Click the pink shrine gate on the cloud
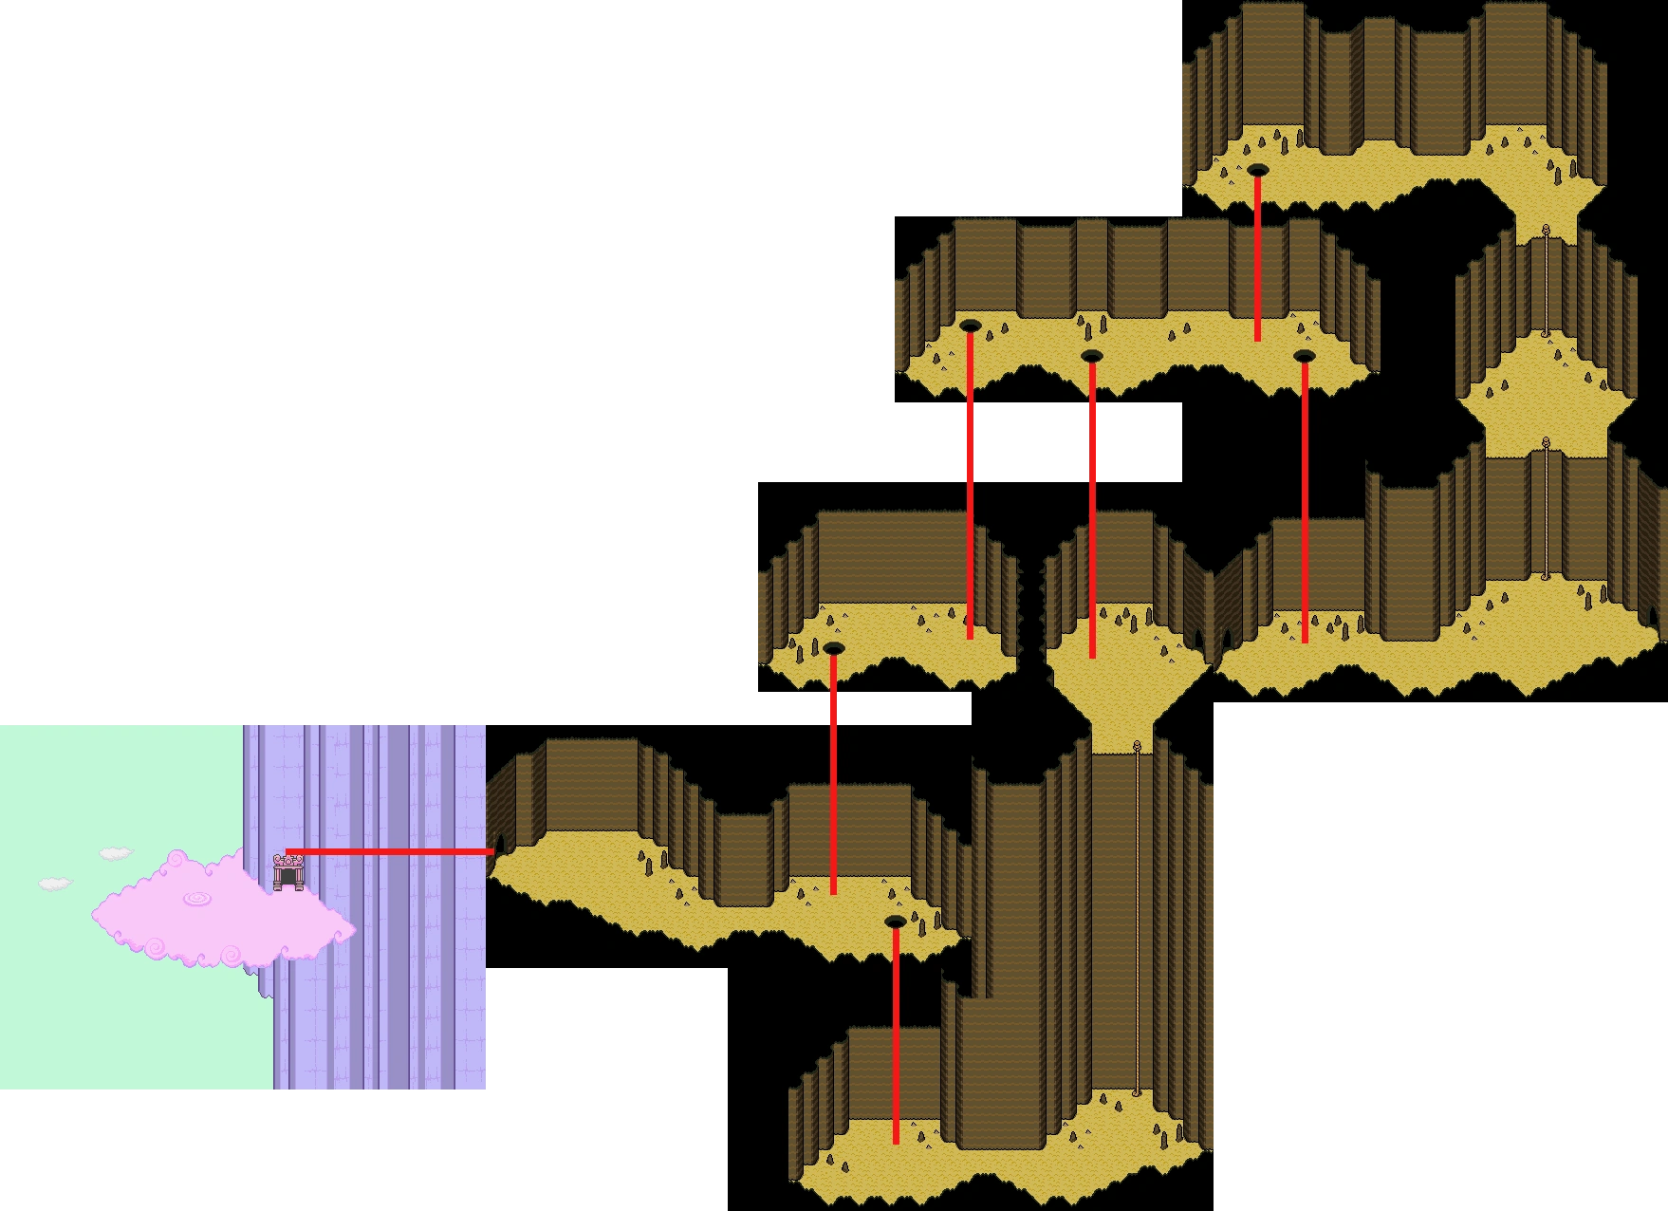pos(287,872)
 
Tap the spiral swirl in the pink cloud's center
pos(198,898)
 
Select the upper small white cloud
pos(116,853)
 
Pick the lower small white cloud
pos(55,884)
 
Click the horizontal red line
pos(389,852)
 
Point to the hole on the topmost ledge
pos(1257,170)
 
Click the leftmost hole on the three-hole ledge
pos(969,326)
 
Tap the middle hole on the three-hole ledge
pos(1091,356)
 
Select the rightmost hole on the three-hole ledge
pos(1304,356)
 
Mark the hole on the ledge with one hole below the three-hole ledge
pos(833,648)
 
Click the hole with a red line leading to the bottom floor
pos(895,922)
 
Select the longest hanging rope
pos(1137,921)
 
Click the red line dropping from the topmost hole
pos(1257,256)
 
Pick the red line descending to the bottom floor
pos(895,1034)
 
